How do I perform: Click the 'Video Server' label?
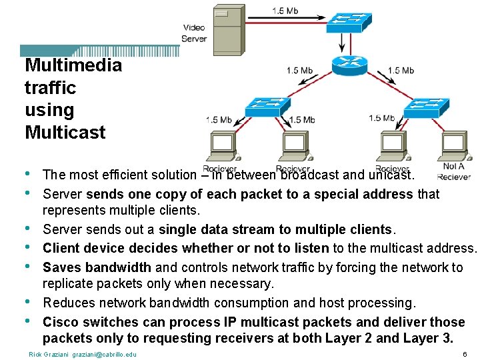tap(194, 33)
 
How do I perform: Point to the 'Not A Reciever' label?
tap(454, 171)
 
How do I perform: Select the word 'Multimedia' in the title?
tap(73, 65)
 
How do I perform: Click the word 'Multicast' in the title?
tap(65, 132)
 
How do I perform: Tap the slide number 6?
tap(464, 353)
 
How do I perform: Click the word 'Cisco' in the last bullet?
tap(61, 322)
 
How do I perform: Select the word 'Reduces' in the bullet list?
tap(69, 303)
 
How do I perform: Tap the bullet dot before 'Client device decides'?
tap(27, 247)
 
